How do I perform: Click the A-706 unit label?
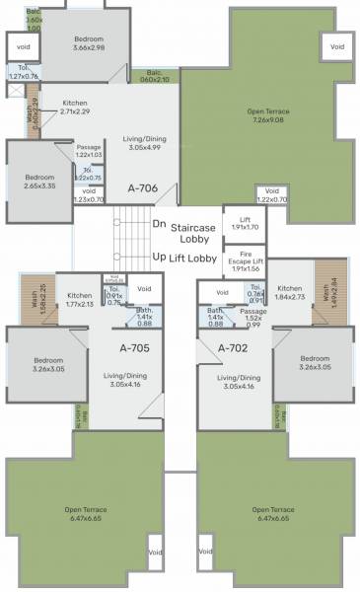click(144, 185)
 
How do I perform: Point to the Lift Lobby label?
click(193, 257)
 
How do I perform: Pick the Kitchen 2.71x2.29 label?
click(82, 108)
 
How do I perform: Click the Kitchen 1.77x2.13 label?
click(80, 300)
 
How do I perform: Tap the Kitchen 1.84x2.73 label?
click(289, 293)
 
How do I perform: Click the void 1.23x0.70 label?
click(90, 196)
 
